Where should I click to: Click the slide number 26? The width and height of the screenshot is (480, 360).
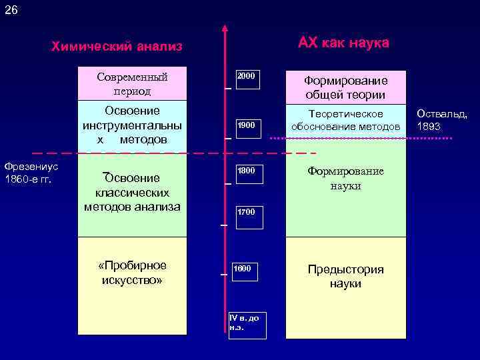click(x=12, y=10)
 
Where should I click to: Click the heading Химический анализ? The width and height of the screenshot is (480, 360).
click(x=117, y=47)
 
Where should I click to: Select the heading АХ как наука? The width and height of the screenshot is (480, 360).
click(x=343, y=43)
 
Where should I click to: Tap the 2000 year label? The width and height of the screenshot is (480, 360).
click(x=246, y=76)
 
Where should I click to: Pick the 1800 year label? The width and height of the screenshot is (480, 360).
click(x=246, y=171)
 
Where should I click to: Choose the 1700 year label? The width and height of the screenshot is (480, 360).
click(x=246, y=212)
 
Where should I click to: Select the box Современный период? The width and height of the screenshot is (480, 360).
click(x=132, y=83)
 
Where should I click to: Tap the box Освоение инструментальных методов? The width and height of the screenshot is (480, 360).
click(x=132, y=124)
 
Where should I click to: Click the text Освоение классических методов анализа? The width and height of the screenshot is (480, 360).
click(x=132, y=192)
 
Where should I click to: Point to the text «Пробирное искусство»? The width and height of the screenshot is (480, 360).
click(x=132, y=272)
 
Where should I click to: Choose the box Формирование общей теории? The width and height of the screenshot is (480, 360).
click(x=345, y=87)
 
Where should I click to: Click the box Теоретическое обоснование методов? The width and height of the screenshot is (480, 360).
click(x=345, y=121)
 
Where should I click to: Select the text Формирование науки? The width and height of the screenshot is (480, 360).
click(x=345, y=179)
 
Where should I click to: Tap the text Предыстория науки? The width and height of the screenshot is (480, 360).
click(x=345, y=276)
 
